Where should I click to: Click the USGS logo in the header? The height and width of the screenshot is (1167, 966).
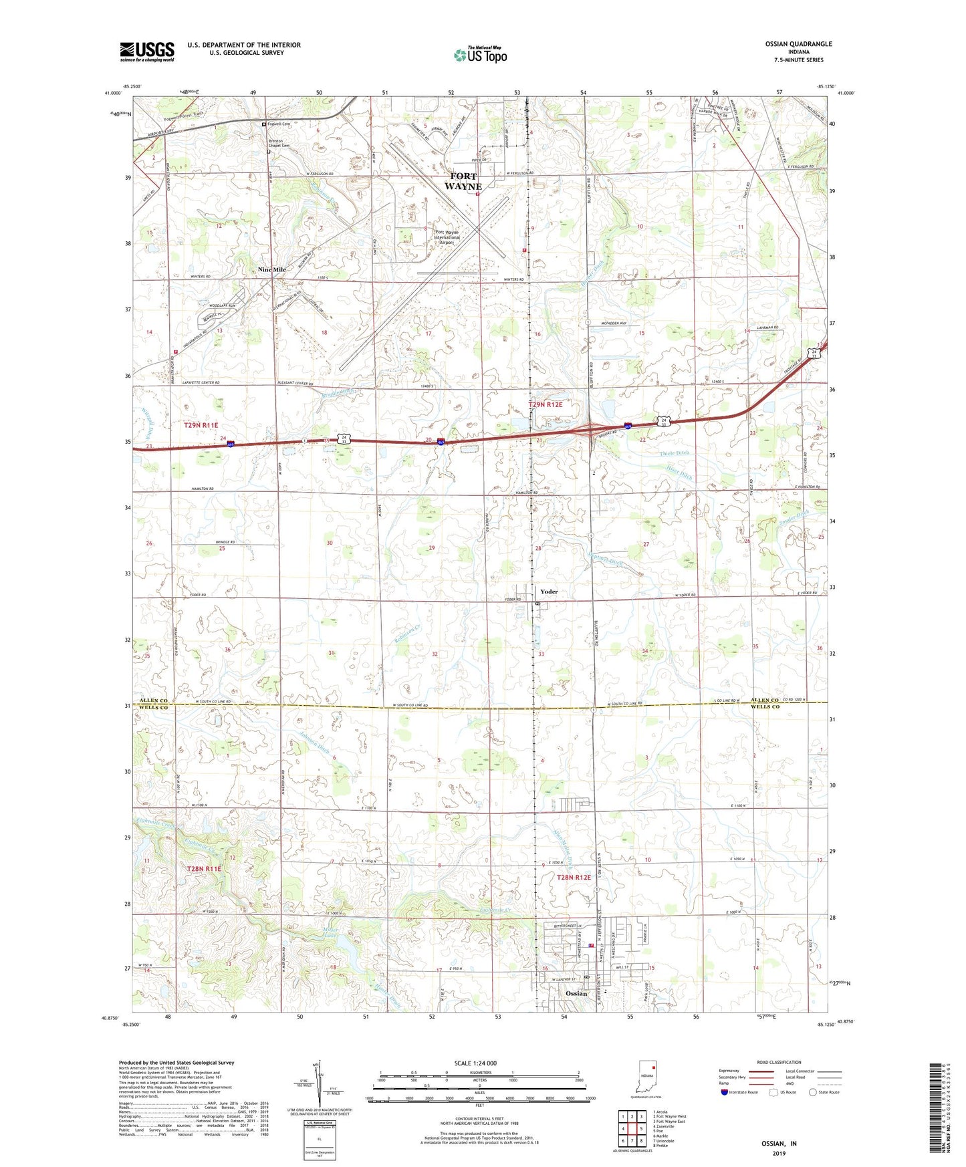[x=147, y=51]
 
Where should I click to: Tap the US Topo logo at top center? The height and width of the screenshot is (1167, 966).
[x=480, y=55]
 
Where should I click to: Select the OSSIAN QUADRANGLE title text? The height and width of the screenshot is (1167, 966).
[x=798, y=44]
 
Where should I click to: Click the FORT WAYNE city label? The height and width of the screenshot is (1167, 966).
[x=463, y=182]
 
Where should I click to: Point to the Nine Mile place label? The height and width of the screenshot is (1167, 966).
[x=272, y=269]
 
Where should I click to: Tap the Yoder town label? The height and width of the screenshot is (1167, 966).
[x=549, y=592]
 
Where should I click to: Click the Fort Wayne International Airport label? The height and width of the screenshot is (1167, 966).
[x=447, y=237]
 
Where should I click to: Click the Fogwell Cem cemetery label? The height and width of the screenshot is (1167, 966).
[x=279, y=124]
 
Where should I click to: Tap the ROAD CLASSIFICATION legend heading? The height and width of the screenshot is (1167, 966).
[x=779, y=1062]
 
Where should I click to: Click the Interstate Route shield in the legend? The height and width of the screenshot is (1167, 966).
[x=725, y=1092]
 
